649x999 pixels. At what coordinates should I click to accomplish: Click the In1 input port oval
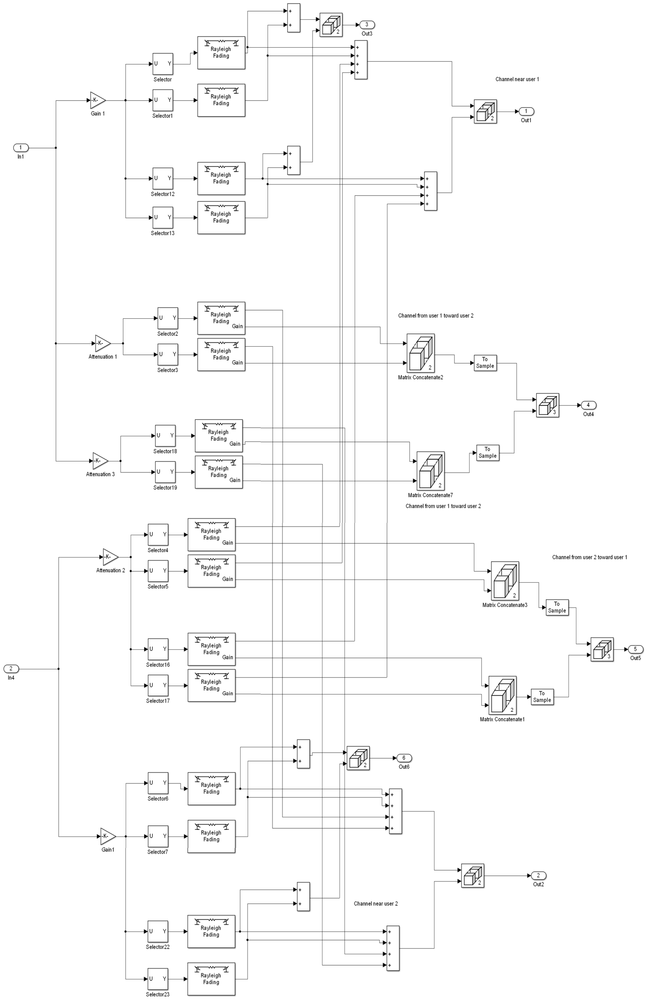pyautogui.click(x=21, y=148)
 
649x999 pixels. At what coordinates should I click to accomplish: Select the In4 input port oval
pyautogui.click(x=11, y=669)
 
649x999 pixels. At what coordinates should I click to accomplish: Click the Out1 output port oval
pyautogui.click(x=526, y=111)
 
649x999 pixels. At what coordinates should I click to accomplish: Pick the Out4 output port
pyautogui.click(x=588, y=405)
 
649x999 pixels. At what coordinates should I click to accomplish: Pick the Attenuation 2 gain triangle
pyautogui.click(x=110, y=557)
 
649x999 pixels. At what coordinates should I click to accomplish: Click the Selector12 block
pyautogui.click(x=163, y=178)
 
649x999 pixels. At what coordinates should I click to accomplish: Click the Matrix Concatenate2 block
pyautogui.click(x=420, y=353)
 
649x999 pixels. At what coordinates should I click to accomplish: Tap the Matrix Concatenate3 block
pyautogui.click(x=505, y=581)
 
